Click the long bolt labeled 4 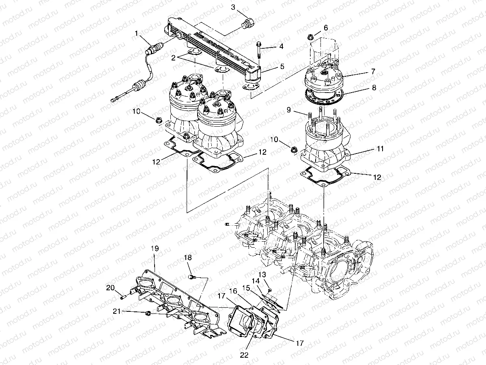point(258,51)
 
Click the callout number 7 point(373,71)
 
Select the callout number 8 point(374,87)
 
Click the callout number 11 point(380,149)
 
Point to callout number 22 point(243,354)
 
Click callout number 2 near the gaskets point(173,58)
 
